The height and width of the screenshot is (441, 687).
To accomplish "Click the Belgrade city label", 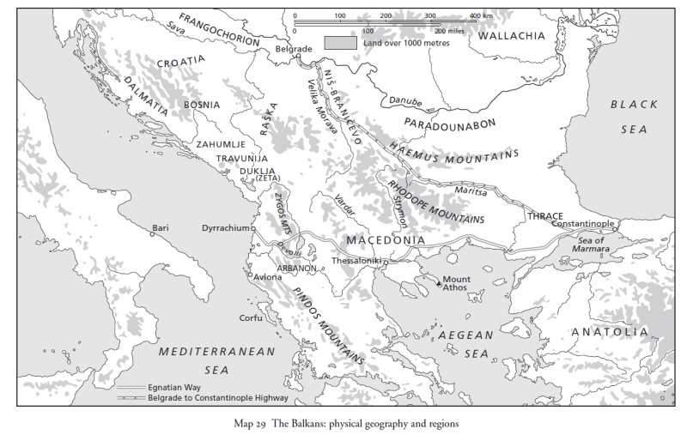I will coord(294,51).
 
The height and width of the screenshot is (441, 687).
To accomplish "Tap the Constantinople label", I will coord(583,223).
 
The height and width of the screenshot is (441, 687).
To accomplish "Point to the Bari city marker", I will coord(153,233).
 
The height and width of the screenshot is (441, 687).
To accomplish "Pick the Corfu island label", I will coord(250,317).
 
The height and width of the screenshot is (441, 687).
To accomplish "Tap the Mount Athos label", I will coord(456,283).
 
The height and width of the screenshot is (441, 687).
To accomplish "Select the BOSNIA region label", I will coord(202,105).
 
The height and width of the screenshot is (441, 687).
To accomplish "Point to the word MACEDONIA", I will coord(385,239).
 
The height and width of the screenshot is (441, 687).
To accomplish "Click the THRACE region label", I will coord(546,216).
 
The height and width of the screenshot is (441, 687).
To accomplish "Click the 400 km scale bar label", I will coord(481,15).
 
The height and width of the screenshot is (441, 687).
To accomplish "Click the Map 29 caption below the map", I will coord(341,424).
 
